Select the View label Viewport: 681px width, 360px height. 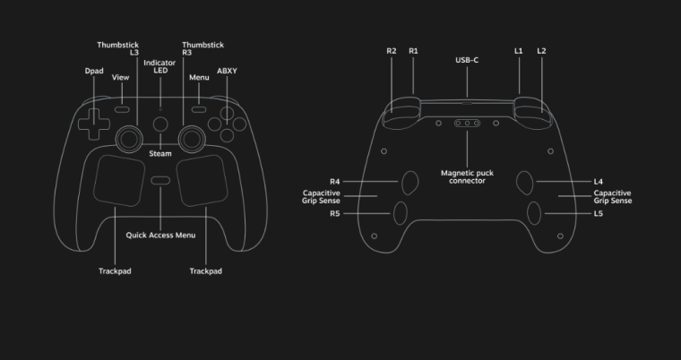[121, 78]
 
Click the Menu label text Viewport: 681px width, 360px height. [199, 78]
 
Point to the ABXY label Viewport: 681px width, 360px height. [227, 70]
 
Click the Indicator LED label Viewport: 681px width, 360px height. [159, 66]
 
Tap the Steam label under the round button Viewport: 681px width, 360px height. [160, 154]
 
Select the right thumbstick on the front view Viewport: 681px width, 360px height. [191, 136]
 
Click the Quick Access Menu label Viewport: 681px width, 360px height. [160, 236]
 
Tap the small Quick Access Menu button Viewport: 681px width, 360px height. [160, 181]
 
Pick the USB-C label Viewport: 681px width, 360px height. [467, 60]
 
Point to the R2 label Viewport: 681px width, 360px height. [392, 51]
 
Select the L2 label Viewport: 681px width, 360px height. [541, 51]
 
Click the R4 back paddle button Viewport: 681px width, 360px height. [409, 182]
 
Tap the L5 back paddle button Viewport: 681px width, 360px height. [534, 213]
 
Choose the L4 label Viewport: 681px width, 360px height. [599, 182]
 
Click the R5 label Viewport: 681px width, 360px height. [335, 214]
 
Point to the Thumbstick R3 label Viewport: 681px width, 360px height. [203, 48]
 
